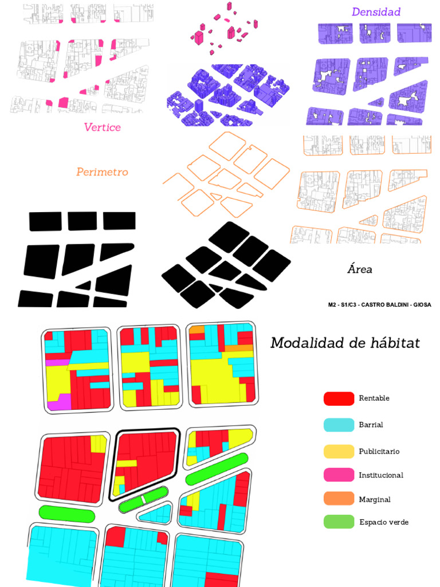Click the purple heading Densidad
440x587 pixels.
pyautogui.click(x=376, y=12)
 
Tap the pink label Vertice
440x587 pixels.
pyautogui.click(x=102, y=127)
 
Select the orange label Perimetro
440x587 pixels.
pyautogui.click(x=102, y=172)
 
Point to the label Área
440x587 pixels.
pyautogui.click(x=359, y=269)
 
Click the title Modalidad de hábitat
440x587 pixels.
pyautogui.click(x=345, y=343)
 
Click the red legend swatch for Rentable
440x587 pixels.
pyautogui.click(x=339, y=398)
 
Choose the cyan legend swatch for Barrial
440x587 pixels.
pyautogui.click(x=339, y=425)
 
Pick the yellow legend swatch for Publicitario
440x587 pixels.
pyautogui.click(x=339, y=451)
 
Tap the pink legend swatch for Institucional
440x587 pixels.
pyautogui.click(x=339, y=475)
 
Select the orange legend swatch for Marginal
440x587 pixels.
pyautogui.click(x=339, y=499)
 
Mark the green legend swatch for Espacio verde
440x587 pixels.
pyautogui.click(x=339, y=522)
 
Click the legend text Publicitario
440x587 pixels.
pyautogui.click(x=379, y=452)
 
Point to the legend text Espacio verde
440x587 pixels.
pyautogui.click(x=383, y=522)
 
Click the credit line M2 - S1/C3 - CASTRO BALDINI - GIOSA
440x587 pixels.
pyautogui.click(x=379, y=304)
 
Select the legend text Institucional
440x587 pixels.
pyautogui.click(x=381, y=475)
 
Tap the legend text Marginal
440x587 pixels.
pyautogui.click(x=374, y=499)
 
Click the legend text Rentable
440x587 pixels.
pyautogui.click(x=374, y=398)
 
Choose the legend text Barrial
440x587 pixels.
pyautogui.click(x=371, y=425)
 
